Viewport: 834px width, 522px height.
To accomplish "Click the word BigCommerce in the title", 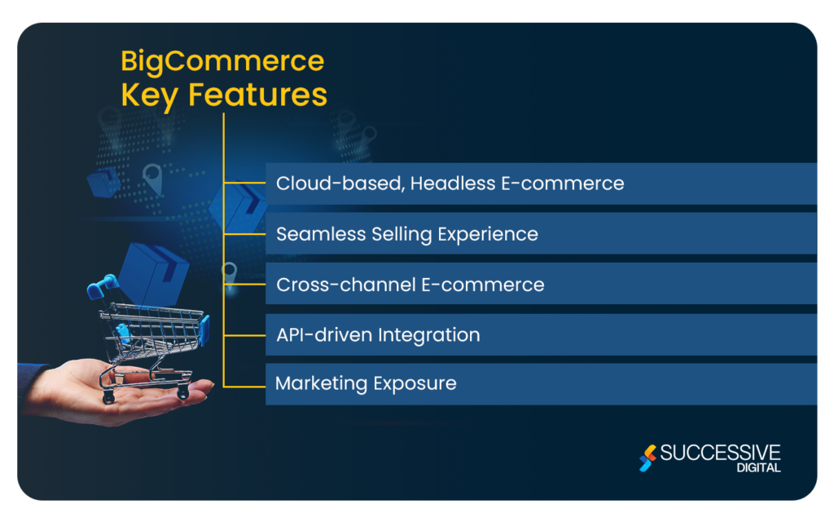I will [x=222, y=61].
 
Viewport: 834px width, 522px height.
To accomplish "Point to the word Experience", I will [x=488, y=234].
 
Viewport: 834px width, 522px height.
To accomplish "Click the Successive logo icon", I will [x=647, y=458].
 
